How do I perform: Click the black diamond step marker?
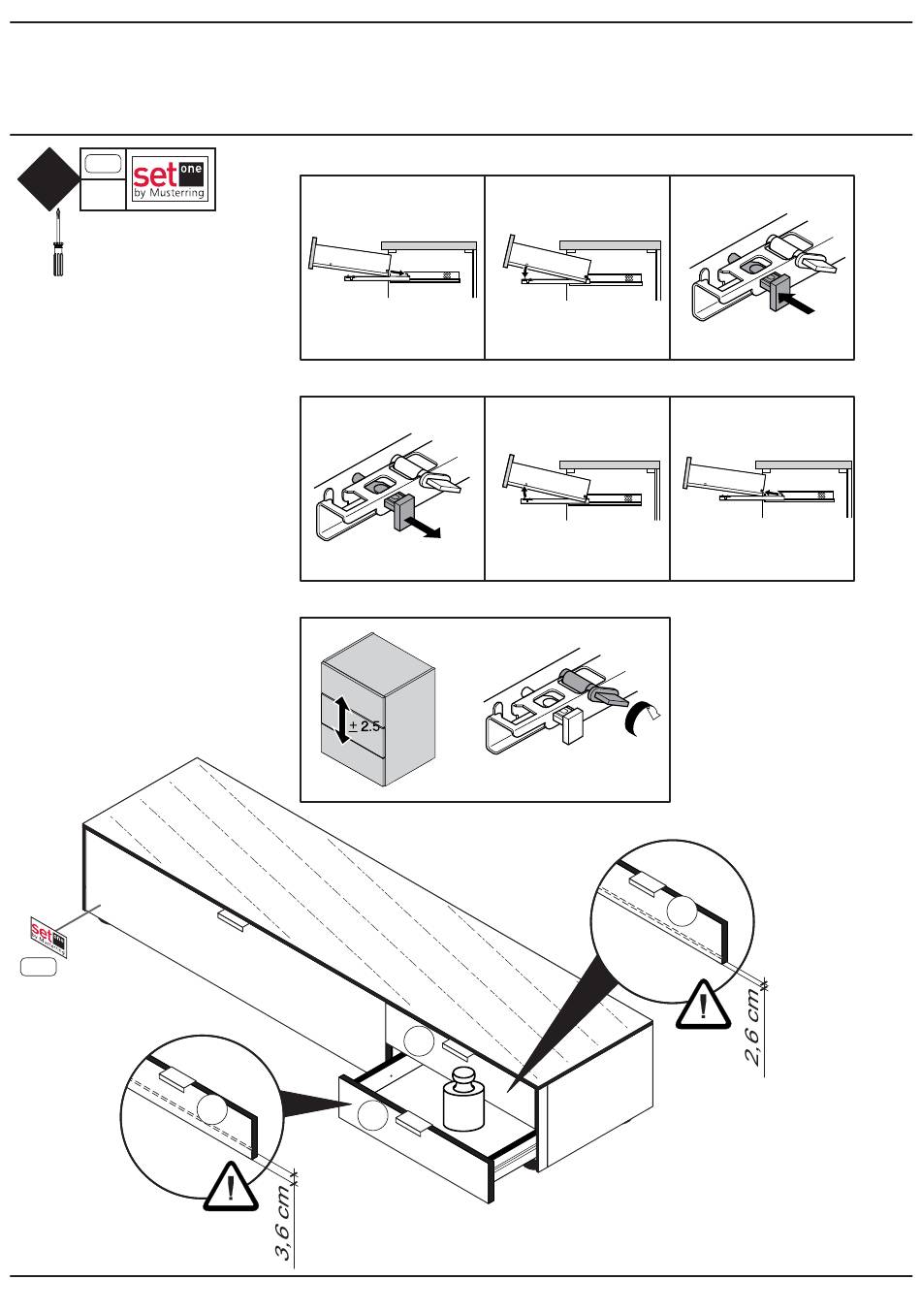click(x=48, y=179)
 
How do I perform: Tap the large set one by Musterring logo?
click(x=171, y=178)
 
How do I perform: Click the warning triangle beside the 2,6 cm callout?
click(x=704, y=1004)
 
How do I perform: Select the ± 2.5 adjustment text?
click(x=365, y=726)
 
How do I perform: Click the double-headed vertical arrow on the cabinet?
click(x=341, y=719)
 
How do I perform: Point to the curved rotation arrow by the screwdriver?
click(x=639, y=716)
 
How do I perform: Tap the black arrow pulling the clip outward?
click(x=426, y=528)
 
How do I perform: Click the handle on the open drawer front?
click(x=415, y=1123)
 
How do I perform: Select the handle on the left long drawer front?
click(x=233, y=920)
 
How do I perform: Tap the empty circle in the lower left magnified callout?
click(x=210, y=1110)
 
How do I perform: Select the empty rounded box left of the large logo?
click(x=102, y=164)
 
